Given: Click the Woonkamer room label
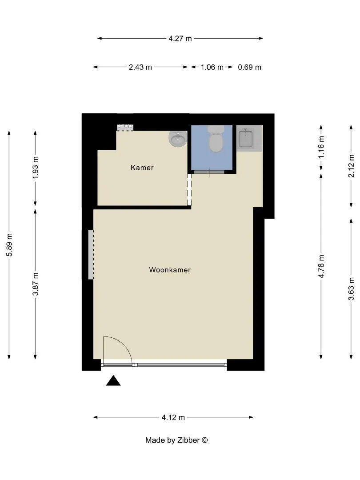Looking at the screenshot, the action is click(x=170, y=270).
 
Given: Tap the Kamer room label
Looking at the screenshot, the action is click(x=142, y=168).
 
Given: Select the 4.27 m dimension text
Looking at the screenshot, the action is click(x=180, y=39).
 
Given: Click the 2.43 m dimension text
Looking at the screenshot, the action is click(x=140, y=67).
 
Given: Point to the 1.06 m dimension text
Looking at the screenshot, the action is click(x=212, y=67).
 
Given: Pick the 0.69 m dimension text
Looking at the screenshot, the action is click(x=249, y=67).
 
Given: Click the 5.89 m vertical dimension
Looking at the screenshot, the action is click(x=9, y=245).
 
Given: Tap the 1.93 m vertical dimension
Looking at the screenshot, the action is click(x=36, y=168).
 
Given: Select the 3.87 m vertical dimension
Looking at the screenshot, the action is click(x=36, y=284).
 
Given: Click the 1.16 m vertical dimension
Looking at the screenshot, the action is click(x=321, y=147).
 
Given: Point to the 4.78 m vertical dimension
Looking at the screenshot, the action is click(x=321, y=266).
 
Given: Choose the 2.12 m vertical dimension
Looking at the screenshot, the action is click(x=351, y=166).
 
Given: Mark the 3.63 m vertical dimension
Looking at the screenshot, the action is click(x=351, y=289).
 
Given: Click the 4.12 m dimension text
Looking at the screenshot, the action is click(x=173, y=417).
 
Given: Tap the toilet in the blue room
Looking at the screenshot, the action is click(x=216, y=139).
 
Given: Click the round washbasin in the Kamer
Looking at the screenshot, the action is click(x=178, y=139).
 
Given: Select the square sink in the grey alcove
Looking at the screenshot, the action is click(x=246, y=139).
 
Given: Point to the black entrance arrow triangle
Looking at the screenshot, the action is click(x=113, y=381).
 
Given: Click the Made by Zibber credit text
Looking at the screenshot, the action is click(x=176, y=440).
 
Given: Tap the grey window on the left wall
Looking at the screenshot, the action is click(x=91, y=255).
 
